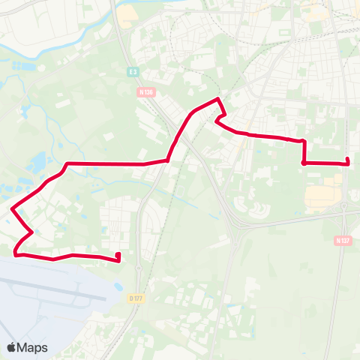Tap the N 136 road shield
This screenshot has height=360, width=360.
point(145,92)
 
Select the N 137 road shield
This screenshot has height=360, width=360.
point(343,241)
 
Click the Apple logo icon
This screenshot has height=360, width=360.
point(12,347)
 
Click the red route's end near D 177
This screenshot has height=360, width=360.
point(118,259)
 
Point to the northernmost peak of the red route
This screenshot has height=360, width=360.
point(217,99)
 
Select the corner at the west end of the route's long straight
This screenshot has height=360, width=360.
point(67,163)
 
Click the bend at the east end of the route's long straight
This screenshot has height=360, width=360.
point(167,160)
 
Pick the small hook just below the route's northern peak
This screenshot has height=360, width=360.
point(217,119)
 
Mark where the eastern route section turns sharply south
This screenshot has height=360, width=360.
point(302,141)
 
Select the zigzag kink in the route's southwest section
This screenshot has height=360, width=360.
point(31,232)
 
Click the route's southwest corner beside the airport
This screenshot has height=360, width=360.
point(16,254)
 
